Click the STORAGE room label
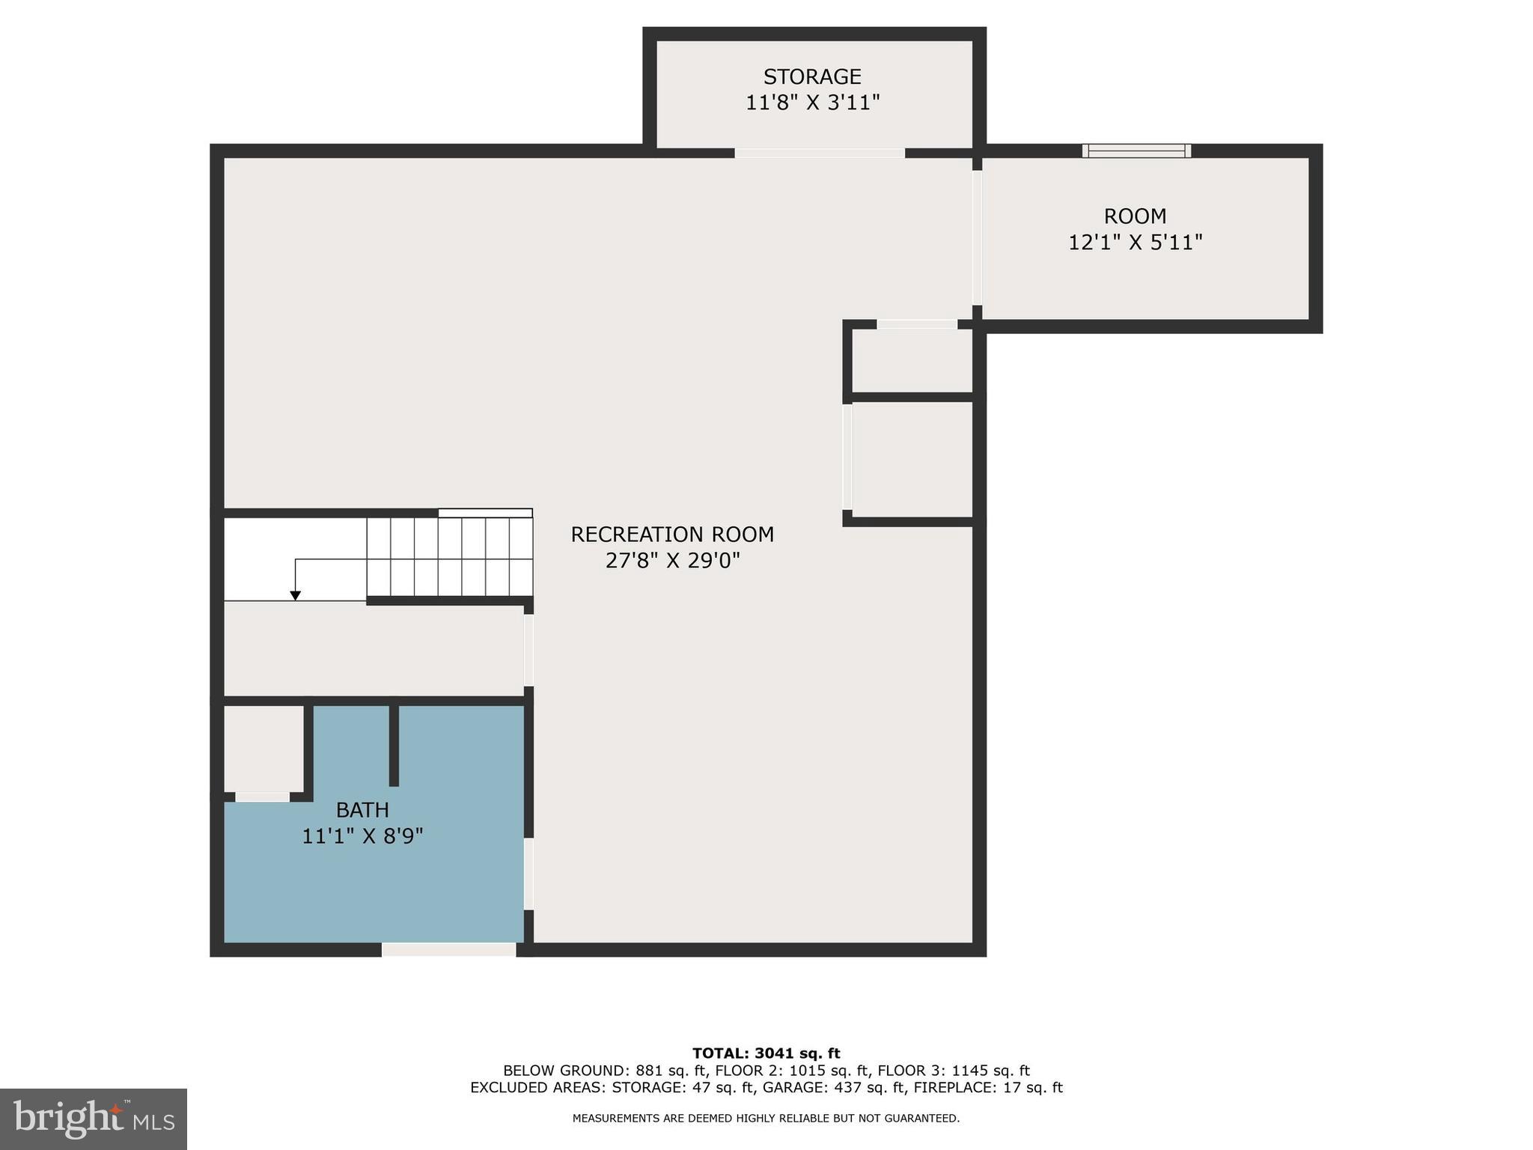(x=812, y=76)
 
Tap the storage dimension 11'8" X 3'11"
(x=812, y=103)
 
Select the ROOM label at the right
(x=1135, y=216)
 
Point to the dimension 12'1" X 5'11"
(x=1135, y=243)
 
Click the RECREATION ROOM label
(x=672, y=535)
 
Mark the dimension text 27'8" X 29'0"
(x=672, y=561)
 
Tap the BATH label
(x=362, y=810)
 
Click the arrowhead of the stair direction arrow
(x=296, y=595)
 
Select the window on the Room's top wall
(x=1136, y=150)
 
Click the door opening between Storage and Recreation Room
(x=820, y=153)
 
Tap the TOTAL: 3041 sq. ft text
(x=766, y=1053)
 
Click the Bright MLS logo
(x=94, y=1119)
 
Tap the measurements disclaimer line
(x=766, y=1119)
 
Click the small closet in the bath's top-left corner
(x=263, y=747)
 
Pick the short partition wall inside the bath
(x=394, y=745)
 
